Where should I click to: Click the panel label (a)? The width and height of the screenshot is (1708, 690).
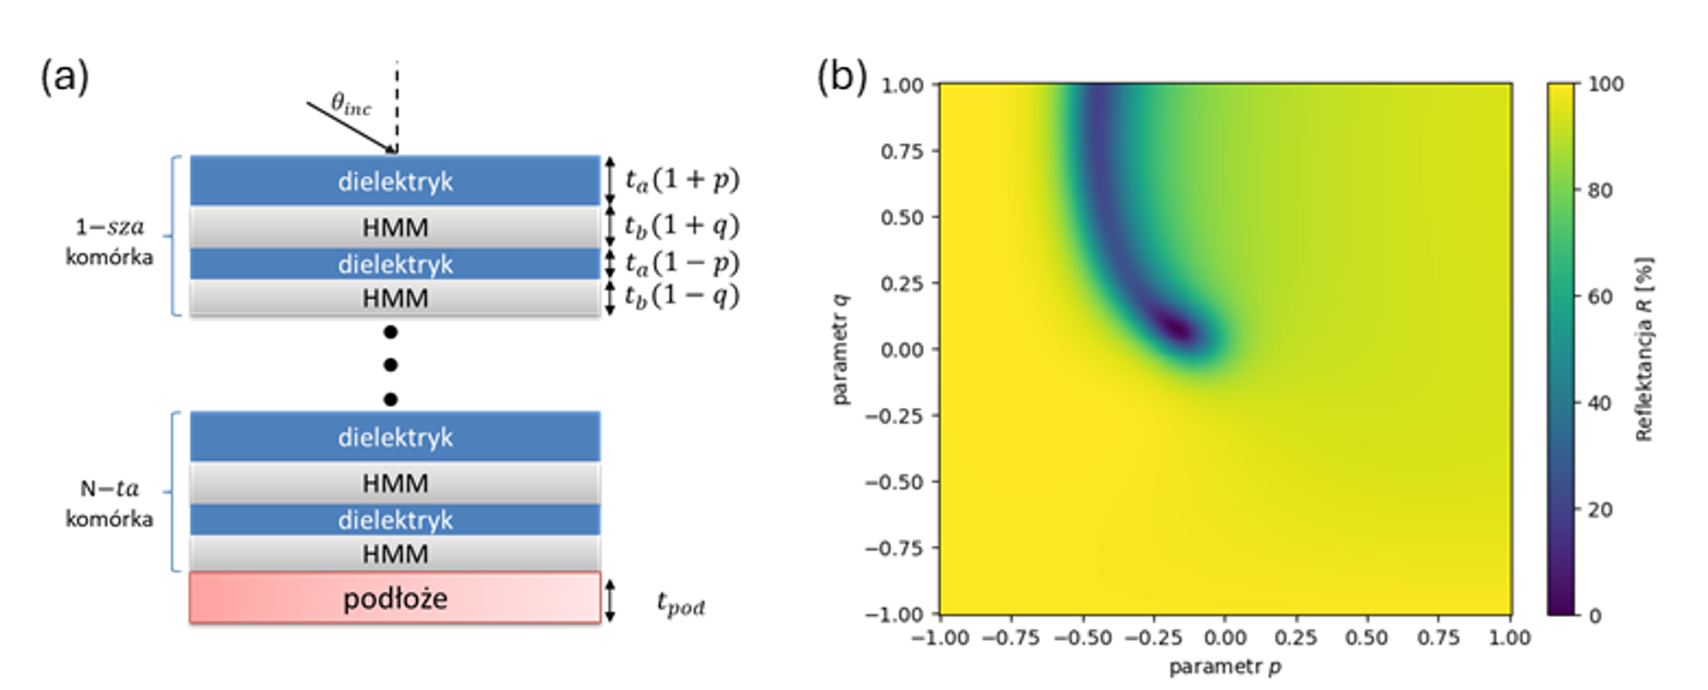[x=64, y=78]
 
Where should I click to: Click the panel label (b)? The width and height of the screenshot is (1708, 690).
[x=841, y=77]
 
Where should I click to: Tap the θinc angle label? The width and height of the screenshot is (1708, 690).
[x=350, y=104]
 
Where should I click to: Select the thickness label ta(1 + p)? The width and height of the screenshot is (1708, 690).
[x=682, y=180]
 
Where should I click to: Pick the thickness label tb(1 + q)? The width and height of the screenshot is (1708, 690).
[x=682, y=226]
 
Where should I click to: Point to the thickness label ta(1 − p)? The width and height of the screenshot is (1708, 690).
[x=682, y=263]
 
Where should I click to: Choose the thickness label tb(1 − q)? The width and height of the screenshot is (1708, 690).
[x=682, y=297]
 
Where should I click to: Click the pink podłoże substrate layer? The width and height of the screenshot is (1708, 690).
[x=395, y=599]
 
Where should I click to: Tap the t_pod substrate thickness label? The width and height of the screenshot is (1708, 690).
[x=680, y=604]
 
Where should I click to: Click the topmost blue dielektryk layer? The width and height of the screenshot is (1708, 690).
[x=395, y=181]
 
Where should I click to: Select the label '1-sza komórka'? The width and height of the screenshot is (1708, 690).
[x=109, y=242]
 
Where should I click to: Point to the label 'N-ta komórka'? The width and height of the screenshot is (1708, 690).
[x=109, y=503]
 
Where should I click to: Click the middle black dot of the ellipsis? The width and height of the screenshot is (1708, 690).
[x=391, y=365]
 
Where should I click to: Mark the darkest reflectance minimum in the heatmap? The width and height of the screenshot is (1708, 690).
[x=1176, y=327]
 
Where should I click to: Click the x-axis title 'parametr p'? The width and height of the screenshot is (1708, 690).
[x=1224, y=667]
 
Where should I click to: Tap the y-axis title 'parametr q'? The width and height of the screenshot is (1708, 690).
[x=840, y=349]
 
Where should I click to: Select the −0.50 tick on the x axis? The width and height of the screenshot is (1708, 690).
[x=1083, y=638]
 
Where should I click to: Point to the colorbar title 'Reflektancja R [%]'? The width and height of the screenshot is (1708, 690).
[x=1644, y=349]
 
